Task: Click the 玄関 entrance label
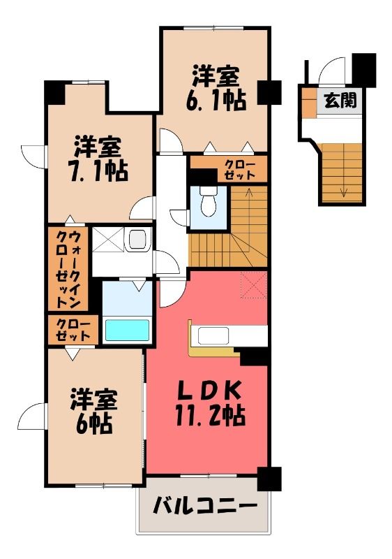point(340,101)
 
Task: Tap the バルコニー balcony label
point(205,506)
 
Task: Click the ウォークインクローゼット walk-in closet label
point(68,269)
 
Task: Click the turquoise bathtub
point(127,330)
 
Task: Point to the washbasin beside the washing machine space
point(137,240)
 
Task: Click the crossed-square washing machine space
point(108,240)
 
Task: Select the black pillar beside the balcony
point(269,479)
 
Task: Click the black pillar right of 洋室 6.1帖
point(269,92)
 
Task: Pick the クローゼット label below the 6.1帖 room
point(240,170)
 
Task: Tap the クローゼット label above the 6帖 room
point(73,330)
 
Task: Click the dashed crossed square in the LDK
point(254,284)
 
